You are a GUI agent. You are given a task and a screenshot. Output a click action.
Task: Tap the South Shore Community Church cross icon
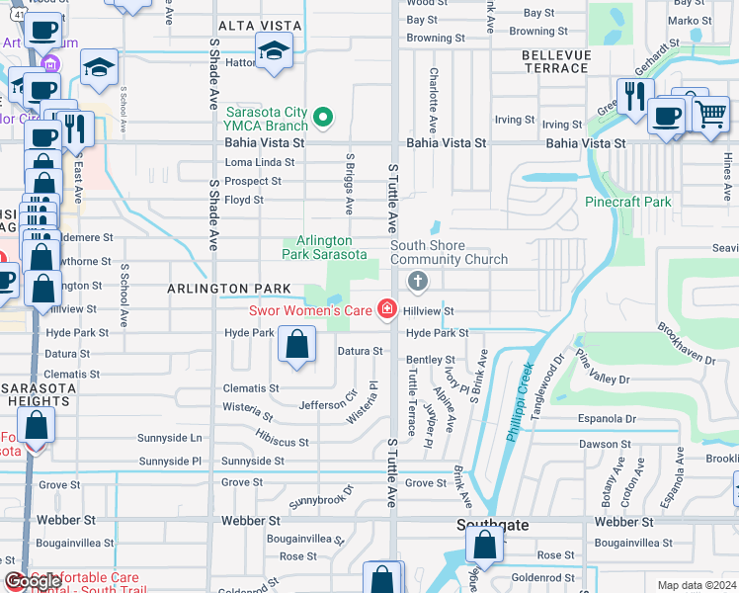click(418, 283)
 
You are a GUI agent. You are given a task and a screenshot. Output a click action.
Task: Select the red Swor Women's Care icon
click(386, 311)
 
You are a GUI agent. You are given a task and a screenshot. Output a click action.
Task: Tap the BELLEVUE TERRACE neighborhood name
click(555, 59)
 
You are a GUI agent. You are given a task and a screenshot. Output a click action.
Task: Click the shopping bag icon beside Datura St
click(296, 344)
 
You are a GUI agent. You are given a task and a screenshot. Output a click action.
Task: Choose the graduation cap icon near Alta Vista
click(274, 50)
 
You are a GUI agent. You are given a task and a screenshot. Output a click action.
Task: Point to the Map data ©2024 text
click(697, 585)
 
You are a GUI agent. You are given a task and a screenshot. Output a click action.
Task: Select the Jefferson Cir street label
click(328, 404)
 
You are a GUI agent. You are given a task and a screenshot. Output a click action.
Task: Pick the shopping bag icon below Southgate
click(484, 545)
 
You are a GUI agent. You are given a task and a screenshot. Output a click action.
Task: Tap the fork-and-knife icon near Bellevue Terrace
click(633, 96)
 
